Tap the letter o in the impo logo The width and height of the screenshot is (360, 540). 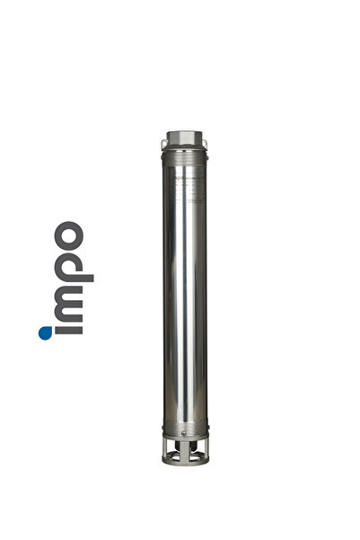[x=66, y=236]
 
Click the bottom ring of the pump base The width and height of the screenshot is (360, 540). [x=185, y=460]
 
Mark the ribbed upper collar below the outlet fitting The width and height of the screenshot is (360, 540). [x=185, y=155]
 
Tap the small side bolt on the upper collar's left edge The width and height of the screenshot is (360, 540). [x=164, y=155]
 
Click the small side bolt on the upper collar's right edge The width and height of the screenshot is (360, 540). [x=206, y=155]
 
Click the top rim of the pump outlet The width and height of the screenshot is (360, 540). [x=185, y=133]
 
